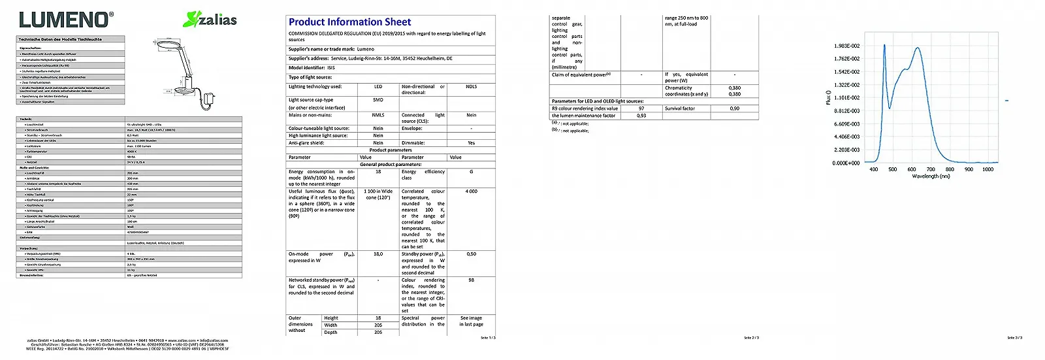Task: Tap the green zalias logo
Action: click(x=210, y=20)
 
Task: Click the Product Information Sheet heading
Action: click(x=349, y=22)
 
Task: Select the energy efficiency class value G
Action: click(x=471, y=172)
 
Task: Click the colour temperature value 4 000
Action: click(x=471, y=191)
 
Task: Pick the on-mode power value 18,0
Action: click(x=378, y=254)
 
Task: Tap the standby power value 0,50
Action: click(x=471, y=254)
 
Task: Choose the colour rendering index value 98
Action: click(x=471, y=280)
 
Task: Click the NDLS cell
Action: click(x=471, y=86)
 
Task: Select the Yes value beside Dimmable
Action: click(x=471, y=143)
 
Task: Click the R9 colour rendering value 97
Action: click(x=641, y=108)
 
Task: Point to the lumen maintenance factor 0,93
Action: click(x=641, y=116)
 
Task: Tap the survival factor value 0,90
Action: click(x=735, y=108)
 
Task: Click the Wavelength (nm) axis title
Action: click(x=931, y=176)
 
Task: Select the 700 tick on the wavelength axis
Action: click(x=931, y=169)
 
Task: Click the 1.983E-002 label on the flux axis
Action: click(x=846, y=46)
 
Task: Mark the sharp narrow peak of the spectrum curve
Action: click(x=884, y=46)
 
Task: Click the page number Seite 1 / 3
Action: click(x=488, y=338)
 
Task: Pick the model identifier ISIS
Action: click(x=331, y=68)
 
